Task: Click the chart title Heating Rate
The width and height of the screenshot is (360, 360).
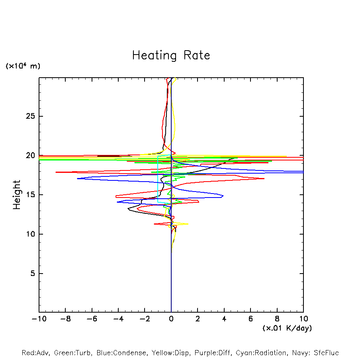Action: [171, 55]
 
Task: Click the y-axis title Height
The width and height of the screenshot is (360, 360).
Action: [17, 195]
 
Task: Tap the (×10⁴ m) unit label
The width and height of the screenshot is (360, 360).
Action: [23, 66]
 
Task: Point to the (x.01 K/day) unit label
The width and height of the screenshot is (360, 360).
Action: [287, 328]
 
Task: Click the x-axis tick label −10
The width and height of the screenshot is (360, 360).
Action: [39, 319]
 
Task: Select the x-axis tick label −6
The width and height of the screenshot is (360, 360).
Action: [92, 319]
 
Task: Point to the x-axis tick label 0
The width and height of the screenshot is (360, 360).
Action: [171, 319]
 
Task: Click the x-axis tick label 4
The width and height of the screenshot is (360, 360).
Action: [224, 319]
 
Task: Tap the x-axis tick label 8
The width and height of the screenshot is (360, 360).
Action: [277, 319]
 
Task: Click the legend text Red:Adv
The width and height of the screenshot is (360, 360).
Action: [35, 353]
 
